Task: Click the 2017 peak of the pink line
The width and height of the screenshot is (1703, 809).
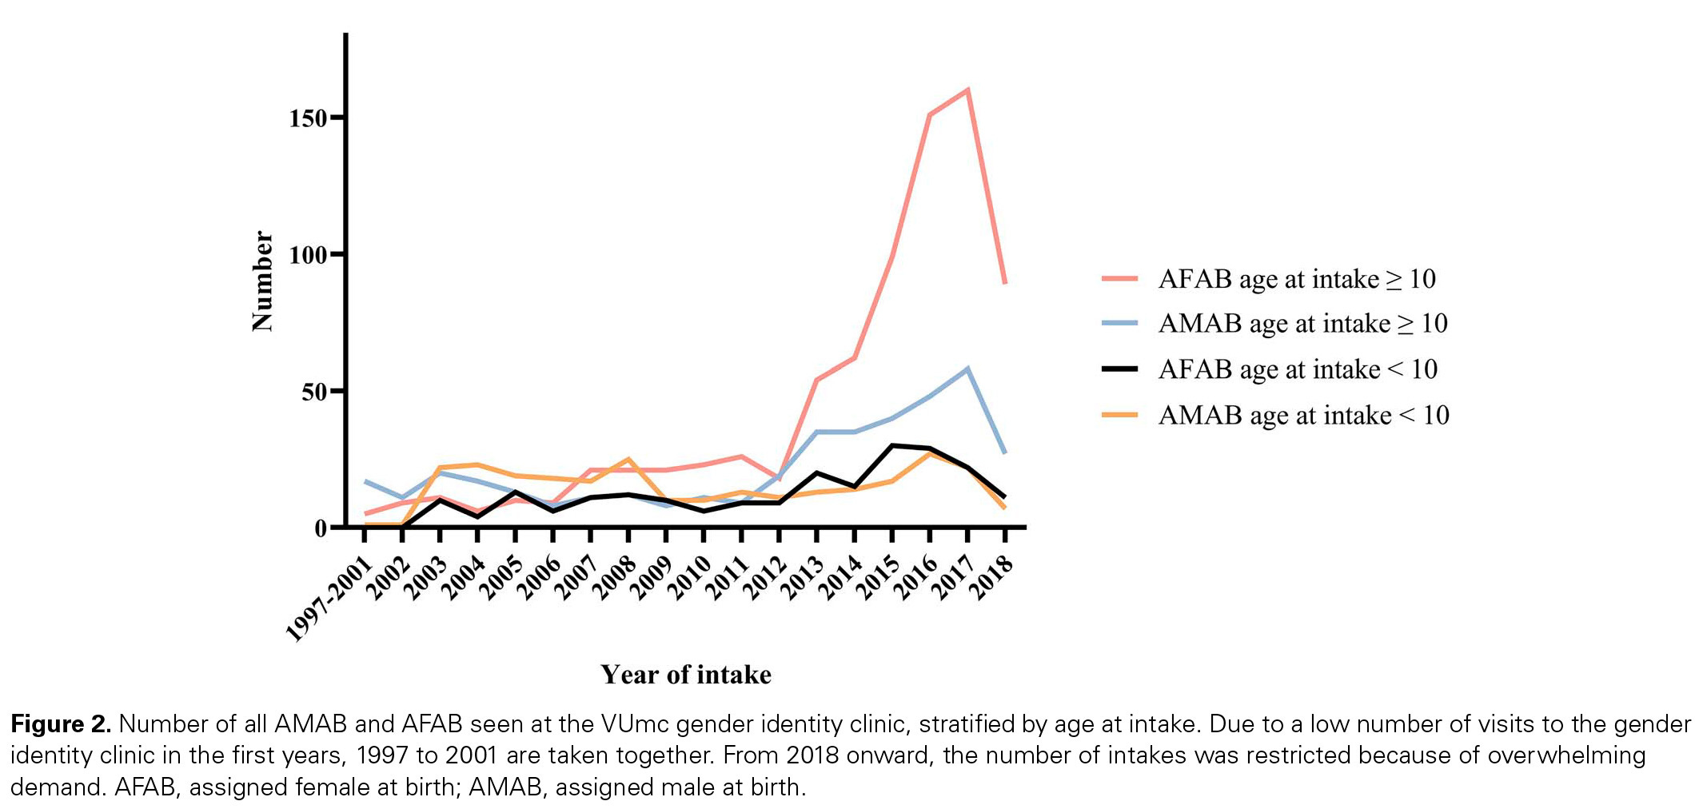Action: click(967, 90)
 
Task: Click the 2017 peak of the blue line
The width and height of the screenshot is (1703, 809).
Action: click(967, 369)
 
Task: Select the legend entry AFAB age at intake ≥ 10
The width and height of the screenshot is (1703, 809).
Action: click(1296, 279)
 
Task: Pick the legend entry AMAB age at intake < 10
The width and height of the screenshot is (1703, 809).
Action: click(1302, 416)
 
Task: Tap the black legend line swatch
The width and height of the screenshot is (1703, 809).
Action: click(1119, 369)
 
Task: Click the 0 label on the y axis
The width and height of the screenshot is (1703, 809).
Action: click(321, 528)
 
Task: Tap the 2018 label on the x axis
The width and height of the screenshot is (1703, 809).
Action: click(993, 577)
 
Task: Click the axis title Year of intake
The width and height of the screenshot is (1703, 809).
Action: click(686, 675)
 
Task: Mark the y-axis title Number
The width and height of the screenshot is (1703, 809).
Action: click(262, 281)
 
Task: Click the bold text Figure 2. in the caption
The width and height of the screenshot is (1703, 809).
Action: click(61, 724)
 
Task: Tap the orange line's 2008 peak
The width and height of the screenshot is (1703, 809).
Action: click(628, 460)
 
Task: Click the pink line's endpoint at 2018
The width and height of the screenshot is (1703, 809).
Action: click(1004, 282)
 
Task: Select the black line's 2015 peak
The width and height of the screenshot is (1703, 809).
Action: click(892, 446)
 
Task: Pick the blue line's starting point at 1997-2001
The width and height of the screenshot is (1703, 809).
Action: click(365, 482)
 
